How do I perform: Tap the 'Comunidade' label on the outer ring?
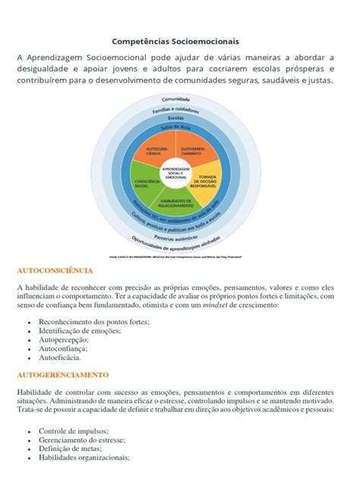(x=176, y=100)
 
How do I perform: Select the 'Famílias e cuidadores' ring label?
(x=176, y=110)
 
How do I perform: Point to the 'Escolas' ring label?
(x=176, y=118)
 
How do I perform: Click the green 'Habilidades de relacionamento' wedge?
(x=175, y=203)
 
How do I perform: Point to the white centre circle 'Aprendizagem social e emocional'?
(x=176, y=173)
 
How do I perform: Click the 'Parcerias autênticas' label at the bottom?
(x=176, y=234)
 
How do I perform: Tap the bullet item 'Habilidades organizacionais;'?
(x=84, y=458)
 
